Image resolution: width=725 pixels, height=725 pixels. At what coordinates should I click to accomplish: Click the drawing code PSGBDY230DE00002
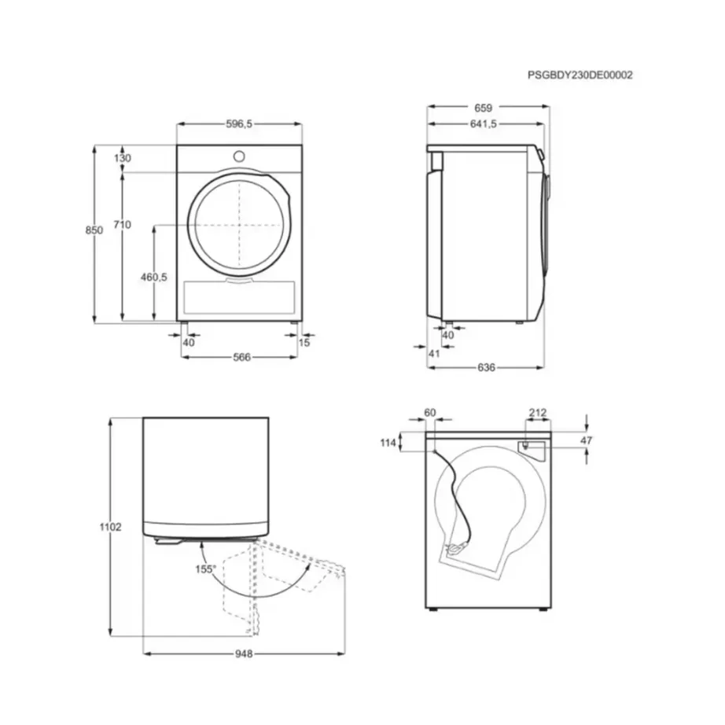(x=580, y=75)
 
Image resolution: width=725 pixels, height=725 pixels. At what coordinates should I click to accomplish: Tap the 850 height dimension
(x=94, y=230)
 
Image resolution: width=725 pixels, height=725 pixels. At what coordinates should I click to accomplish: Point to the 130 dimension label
(x=123, y=158)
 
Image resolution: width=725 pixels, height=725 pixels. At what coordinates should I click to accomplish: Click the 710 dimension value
(x=122, y=225)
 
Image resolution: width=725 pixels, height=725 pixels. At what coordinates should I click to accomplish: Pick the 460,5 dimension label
(x=154, y=277)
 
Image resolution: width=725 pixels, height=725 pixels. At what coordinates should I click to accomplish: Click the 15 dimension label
(x=304, y=342)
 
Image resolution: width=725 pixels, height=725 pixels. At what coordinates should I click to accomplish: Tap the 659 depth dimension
(x=483, y=108)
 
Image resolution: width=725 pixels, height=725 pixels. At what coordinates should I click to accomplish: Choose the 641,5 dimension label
(x=484, y=123)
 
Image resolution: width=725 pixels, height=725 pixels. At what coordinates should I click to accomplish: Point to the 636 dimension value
(x=486, y=367)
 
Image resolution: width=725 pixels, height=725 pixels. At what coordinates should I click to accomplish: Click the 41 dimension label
(x=434, y=354)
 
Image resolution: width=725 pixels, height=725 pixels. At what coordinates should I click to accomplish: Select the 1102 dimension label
(x=112, y=528)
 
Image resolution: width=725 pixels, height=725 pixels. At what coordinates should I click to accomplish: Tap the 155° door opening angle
(x=206, y=569)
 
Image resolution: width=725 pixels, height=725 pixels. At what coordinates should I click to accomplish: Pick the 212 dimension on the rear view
(x=537, y=412)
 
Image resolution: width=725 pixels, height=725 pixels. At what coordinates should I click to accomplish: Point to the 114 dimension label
(x=388, y=443)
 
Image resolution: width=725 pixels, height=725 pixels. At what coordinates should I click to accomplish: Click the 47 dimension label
(x=586, y=441)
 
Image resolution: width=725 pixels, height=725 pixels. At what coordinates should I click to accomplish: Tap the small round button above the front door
(x=238, y=155)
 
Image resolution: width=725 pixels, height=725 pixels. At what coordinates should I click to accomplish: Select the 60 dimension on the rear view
(x=429, y=412)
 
